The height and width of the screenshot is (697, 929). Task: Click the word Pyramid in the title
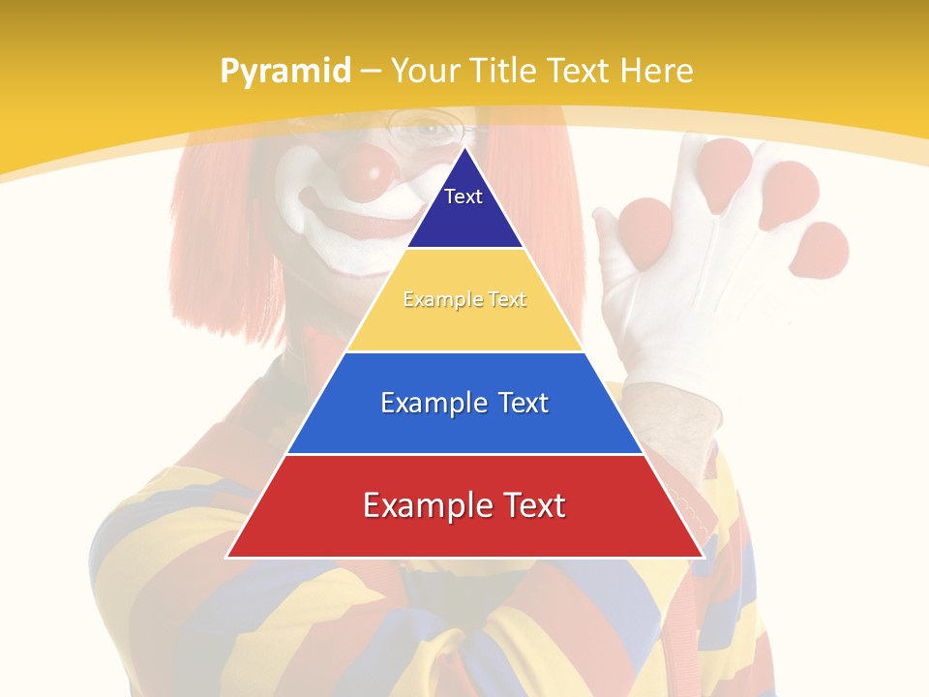[x=285, y=72]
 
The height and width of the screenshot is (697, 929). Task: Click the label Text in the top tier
[x=464, y=197]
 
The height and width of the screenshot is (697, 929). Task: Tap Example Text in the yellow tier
[x=464, y=300]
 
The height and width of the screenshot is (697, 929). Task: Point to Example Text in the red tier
[x=464, y=505]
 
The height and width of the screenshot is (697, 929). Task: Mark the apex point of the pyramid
[x=464, y=147]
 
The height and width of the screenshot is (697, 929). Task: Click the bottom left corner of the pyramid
[x=227, y=557]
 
